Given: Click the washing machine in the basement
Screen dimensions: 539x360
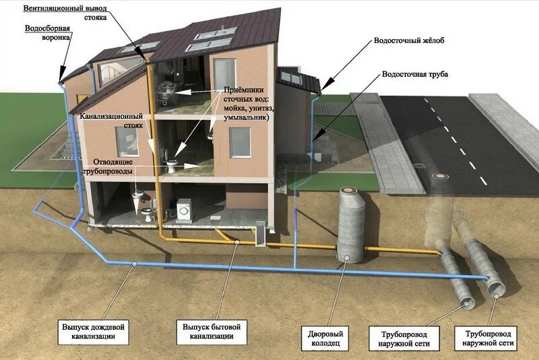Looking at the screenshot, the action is [x=184, y=210].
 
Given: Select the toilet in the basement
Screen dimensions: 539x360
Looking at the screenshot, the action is [x=145, y=214].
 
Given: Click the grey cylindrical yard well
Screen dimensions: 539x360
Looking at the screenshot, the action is [x=350, y=222].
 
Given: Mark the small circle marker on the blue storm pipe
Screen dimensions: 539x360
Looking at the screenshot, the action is [x=135, y=264].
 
